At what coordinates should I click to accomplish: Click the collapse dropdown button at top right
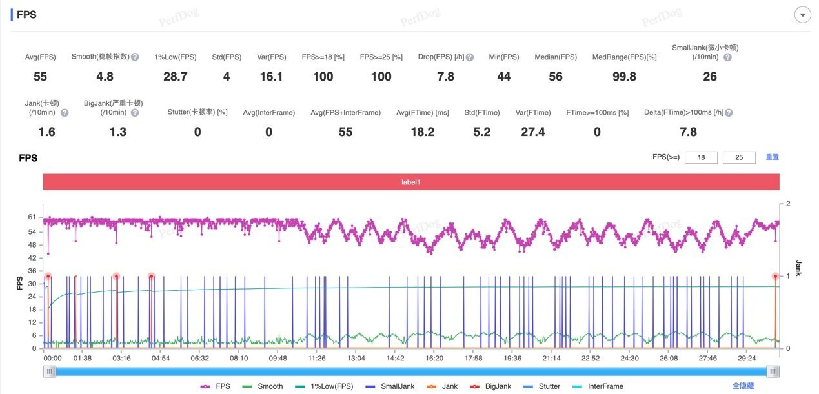(x=802, y=15)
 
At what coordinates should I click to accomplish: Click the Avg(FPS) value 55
(x=40, y=77)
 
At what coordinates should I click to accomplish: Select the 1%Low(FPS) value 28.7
(x=175, y=77)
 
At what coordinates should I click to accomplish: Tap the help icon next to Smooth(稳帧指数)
(x=135, y=57)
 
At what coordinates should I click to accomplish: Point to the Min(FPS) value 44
(x=504, y=77)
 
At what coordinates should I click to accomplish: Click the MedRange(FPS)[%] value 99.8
(x=624, y=77)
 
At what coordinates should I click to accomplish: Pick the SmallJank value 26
(x=709, y=77)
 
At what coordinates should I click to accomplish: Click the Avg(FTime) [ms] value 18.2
(x=422, y=132)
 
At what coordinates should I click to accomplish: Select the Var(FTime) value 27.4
(x=532, y=132)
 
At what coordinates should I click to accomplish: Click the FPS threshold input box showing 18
(x=701, y=157)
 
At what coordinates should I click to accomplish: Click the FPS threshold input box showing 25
(x=739, y=157)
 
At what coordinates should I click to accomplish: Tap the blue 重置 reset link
(x=772, y=157)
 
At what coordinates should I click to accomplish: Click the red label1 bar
(x=411, y=182)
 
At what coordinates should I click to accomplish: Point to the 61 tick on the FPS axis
(x=32, y=217)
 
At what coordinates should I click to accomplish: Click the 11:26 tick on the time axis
(x=317, y=359)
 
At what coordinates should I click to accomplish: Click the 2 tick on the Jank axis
(x=787, y=204)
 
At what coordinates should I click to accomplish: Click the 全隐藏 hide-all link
(x=743, y=386)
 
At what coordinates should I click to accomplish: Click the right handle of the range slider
(x=773, y=371)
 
